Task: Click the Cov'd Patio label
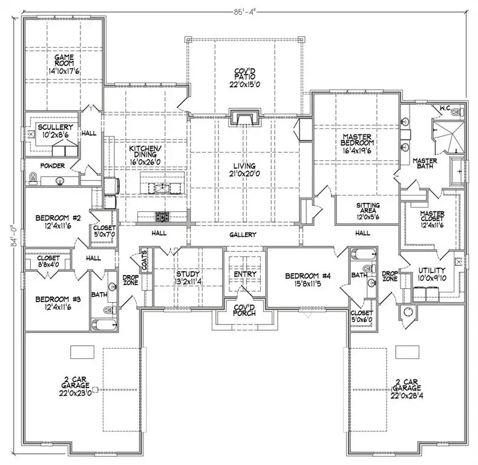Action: (x=244, y=74)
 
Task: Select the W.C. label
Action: (x=446, y=108)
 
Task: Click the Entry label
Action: (x=244, y=274)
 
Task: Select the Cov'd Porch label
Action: (x=244, y=309)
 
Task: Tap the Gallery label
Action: (x=244, y=234)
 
